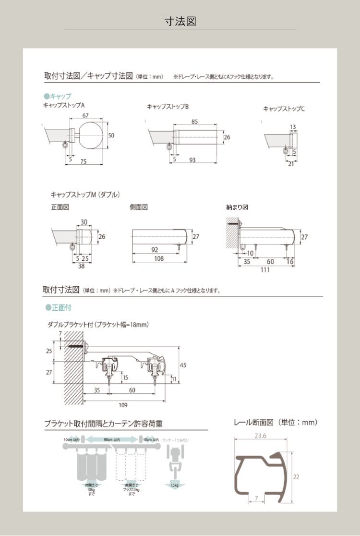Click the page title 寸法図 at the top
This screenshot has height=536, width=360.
[x=180, y=21]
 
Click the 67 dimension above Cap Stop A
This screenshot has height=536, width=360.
[x=85, y=115]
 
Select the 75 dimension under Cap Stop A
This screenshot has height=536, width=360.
[x=83, y=162]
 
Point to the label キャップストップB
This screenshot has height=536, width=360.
[x=168, y=107]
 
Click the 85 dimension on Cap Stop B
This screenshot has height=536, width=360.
[x=194, y=122]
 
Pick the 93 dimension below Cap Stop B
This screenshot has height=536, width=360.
[x=192, y=159]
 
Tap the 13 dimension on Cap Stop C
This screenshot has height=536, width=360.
[x=293, y=127]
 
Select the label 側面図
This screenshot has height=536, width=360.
[x=138, y=207]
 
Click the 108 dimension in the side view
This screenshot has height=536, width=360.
[x=159, y=258]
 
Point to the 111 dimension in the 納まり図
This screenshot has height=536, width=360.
[x=265, y=270]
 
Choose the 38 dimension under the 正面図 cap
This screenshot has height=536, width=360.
[x=81, y=266]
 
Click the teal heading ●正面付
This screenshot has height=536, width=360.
[x=58, y=307]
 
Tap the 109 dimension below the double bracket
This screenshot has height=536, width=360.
[x=123, y=405]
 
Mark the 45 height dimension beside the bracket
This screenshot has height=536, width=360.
[x=182, y=365]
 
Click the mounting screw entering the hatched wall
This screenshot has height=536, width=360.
[x=77, y=346]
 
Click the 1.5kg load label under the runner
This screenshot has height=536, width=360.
[x=174, y=485]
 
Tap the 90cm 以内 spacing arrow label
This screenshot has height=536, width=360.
[x=111, y=439]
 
